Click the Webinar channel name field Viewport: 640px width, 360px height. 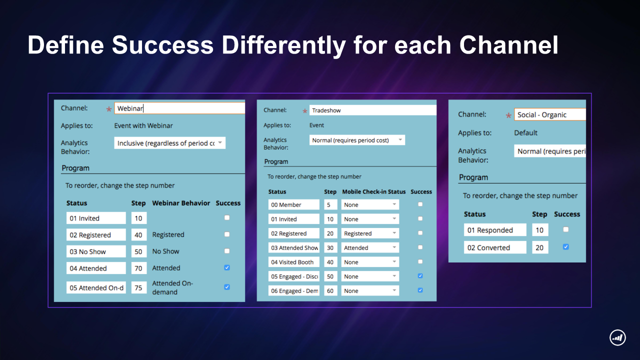click(179, 108)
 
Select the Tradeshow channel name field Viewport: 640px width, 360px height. click(373, 110)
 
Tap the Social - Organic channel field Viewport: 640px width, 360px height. click(550, 114)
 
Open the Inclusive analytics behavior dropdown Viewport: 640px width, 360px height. click(169, 143)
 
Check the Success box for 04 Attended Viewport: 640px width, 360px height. click(227, 267)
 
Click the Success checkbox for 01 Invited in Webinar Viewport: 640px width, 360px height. click(227, 217)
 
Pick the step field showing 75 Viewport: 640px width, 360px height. click(139, 287)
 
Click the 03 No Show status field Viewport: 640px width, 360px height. click(96, 251)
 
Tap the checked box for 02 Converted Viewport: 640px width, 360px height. click(565, 247)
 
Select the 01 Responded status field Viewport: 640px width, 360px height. click(495, 230)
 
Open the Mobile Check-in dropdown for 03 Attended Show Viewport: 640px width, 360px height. click(370, 247)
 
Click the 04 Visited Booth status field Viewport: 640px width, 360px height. click(293, 262)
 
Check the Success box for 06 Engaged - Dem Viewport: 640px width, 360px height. click(420, 290)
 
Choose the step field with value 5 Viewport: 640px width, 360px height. click(330, 204)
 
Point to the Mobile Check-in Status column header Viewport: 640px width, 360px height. click(374, 191)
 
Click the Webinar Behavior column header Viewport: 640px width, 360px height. click(181, 203)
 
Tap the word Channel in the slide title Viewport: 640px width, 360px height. click(508, 45)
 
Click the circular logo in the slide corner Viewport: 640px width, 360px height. click(617, 337)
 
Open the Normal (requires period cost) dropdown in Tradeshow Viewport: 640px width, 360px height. click(357, 140)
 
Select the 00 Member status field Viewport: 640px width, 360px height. click(293, 204)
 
